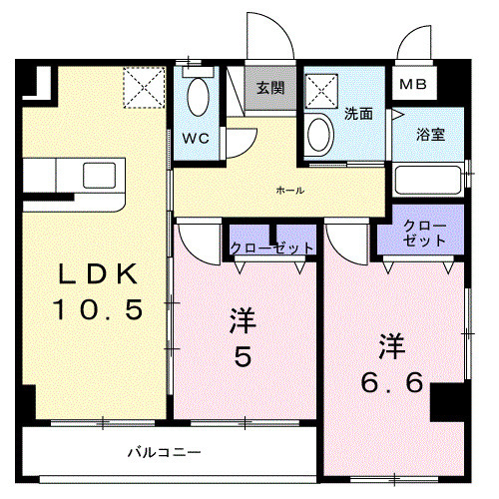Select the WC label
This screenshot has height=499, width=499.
[196, 139]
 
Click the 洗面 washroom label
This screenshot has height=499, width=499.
[358, 114]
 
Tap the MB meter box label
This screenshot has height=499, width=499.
[412, 85]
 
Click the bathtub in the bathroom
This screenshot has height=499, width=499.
[429, 180]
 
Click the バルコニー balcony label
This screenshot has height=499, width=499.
[164, 452]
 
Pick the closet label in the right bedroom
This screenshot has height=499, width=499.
[420, 235]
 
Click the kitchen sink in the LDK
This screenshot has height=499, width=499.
[100, 172]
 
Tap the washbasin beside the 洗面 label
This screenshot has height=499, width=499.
[320, 134]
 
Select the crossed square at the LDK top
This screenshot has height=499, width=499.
[144, 87]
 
